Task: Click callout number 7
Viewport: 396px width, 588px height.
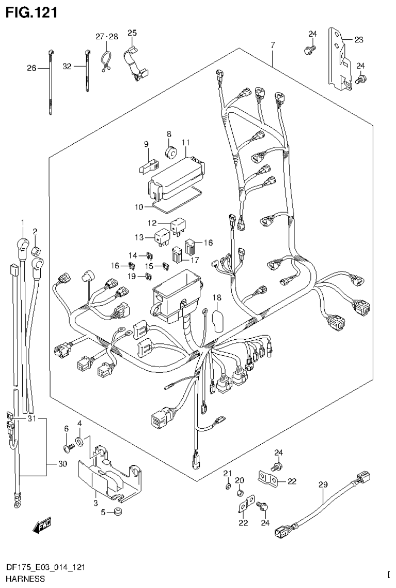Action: tap(272, 45)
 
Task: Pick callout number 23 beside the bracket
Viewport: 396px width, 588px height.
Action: tap(358, 39)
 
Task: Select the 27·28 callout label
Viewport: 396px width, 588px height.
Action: tap(106, 36)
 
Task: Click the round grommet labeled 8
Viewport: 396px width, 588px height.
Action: tap(170, 153)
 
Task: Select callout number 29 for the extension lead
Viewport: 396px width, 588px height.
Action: tap(323, 485)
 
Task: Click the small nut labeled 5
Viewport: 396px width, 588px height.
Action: tap(118, 512)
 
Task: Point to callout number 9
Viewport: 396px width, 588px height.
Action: tap(146, 143)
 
